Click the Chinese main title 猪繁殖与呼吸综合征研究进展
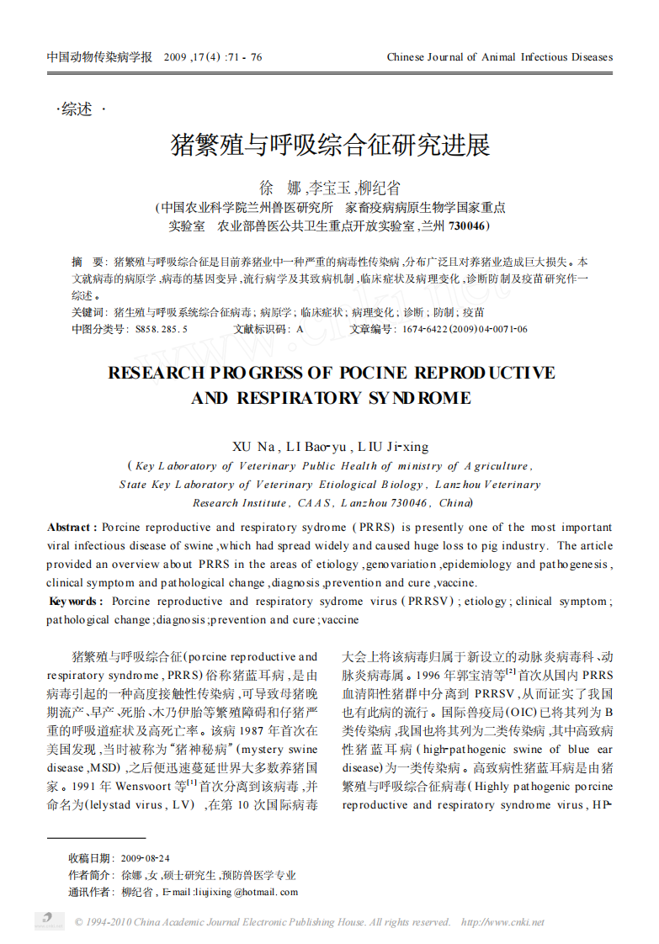point(330,145)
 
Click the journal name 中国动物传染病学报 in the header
point(99,57)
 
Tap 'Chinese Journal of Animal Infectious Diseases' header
point(499,57)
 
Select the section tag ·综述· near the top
point(81,109)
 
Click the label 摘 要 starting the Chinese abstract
point(88,262)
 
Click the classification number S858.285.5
point(161,329)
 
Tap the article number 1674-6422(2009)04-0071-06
point(465,329)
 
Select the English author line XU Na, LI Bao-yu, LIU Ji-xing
point(330,446)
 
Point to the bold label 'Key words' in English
point(76,602)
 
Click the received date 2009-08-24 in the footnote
point(145,858)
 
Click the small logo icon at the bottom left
point(49,920)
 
